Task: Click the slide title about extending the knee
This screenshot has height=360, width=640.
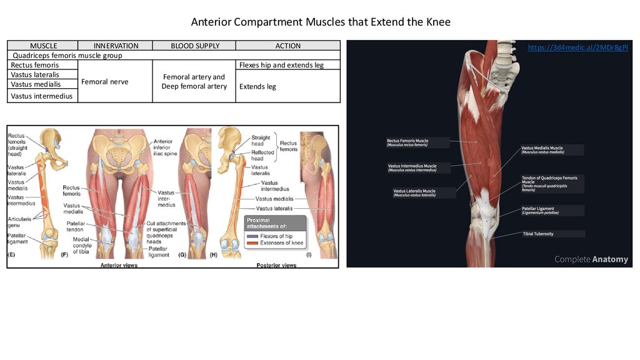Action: tap(320, 22)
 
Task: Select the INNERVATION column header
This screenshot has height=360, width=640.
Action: tap(116, 46)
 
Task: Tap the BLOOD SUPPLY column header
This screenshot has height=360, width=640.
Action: tap(195, 46)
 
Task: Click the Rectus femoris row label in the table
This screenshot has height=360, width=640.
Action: tap(35, 65)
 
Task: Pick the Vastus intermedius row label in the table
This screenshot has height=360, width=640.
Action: tap(42, 96)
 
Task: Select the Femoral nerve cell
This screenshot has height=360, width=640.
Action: tap(106, 81)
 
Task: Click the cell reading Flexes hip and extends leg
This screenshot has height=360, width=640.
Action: tap(281, 65)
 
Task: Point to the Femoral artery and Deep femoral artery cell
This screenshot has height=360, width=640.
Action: tap(194, 81)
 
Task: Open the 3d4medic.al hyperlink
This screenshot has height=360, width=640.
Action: tap(577, 47)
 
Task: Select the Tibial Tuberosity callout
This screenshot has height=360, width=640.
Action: tap(538, 234)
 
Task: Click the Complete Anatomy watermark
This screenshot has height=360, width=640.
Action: tap(591, 259)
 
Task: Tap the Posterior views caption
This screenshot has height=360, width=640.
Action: tap(276, 265)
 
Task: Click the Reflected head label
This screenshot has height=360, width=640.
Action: tap(262, 155)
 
